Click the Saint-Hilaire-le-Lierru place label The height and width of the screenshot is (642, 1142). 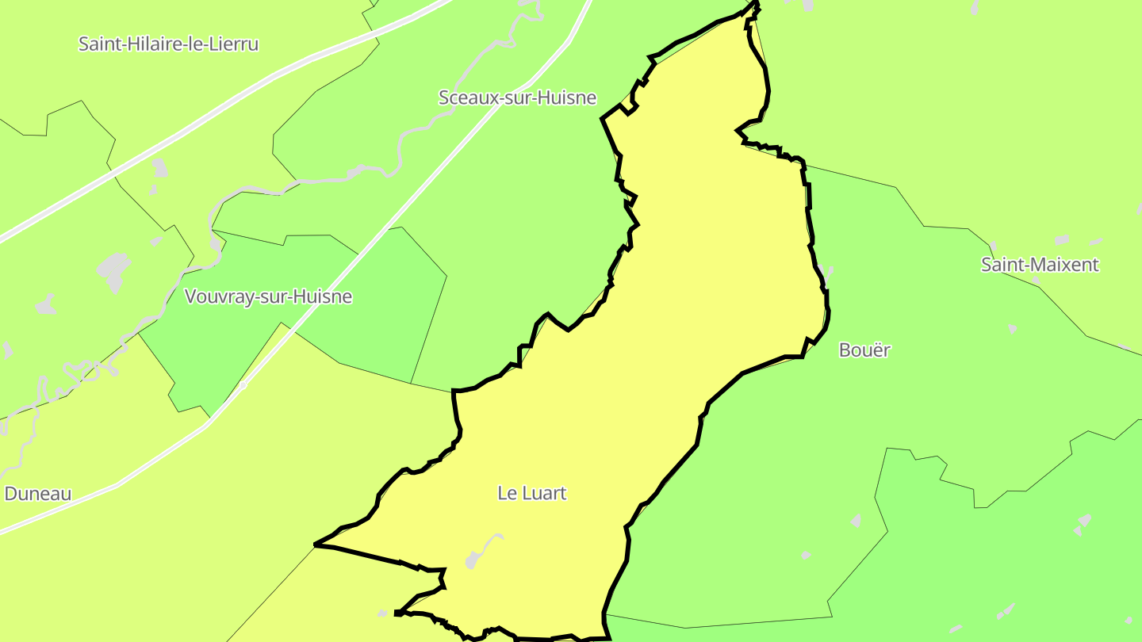click(168, 44)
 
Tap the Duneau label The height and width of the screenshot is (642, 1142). click(38, 494)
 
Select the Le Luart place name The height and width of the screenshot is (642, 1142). click(532, 493)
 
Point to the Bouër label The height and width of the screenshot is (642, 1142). click(864, 350)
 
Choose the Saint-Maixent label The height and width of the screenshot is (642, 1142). click(1040, 265)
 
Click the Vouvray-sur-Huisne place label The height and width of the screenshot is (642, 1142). click(268, 296)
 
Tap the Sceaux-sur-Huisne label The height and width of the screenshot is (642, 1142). click(517, 97)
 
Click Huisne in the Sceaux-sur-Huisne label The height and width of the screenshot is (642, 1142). click(568, 97)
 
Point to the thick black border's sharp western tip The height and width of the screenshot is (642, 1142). click(316, 545)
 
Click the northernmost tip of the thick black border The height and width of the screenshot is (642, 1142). click(756, 4)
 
